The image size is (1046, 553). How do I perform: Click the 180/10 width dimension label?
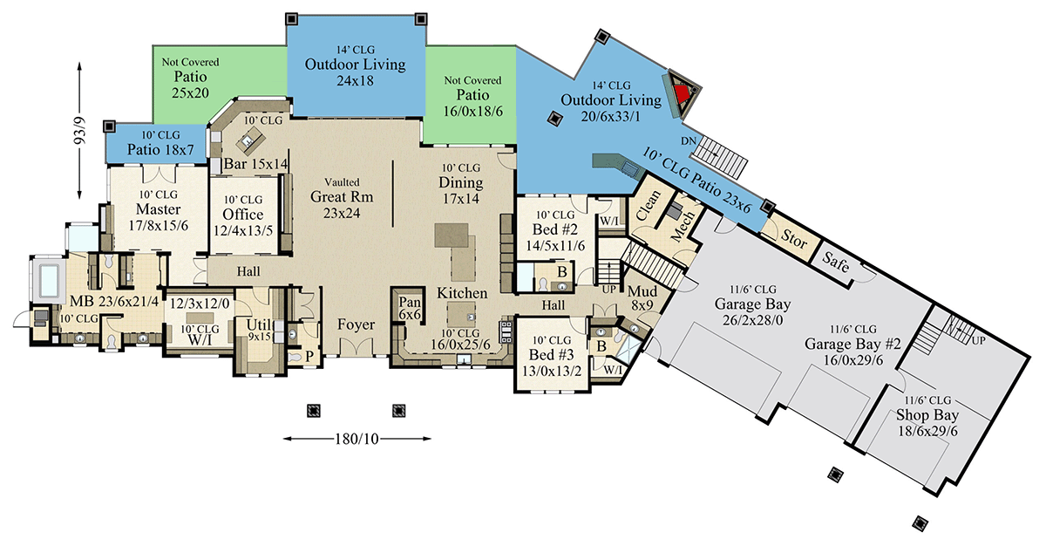pos(357,439)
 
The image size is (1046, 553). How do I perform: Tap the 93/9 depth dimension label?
pos(80,131)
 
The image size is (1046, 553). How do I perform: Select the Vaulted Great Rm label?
pos(342,198)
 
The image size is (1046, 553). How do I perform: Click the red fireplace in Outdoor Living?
pos(683,93)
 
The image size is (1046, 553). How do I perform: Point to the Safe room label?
pos(835,262)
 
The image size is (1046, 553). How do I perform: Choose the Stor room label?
pos(794,238)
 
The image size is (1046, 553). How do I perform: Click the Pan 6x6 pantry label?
pos(410,309)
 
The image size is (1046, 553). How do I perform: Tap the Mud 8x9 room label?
pos(642,298)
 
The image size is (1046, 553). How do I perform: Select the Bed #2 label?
pos(555,229)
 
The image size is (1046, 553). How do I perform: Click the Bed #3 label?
pos(552,355)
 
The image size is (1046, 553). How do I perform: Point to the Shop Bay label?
pos(927,414)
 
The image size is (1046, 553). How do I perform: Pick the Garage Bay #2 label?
pos(852,344)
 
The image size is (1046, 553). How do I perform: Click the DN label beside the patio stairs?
pos(689,140)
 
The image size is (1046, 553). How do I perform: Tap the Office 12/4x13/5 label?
pos(243,222)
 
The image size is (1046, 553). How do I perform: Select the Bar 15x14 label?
pos(256,164)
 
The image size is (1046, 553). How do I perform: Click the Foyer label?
pos(356,324)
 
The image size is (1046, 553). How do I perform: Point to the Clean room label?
pos(649,205)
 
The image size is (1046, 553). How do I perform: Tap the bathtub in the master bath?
pos(49,281)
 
